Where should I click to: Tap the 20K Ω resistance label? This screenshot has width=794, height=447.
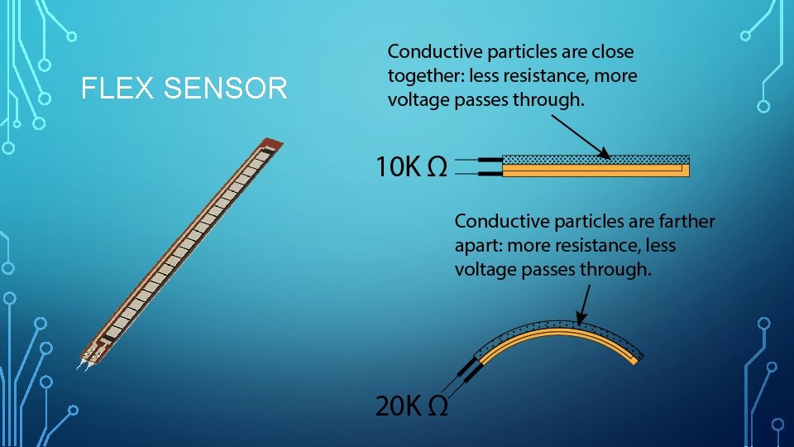point(411,406)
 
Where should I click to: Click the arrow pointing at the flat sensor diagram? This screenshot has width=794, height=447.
point(580,137)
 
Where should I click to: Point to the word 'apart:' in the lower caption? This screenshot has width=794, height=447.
point(478,246)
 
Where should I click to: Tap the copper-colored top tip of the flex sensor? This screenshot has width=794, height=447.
point(268,143)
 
